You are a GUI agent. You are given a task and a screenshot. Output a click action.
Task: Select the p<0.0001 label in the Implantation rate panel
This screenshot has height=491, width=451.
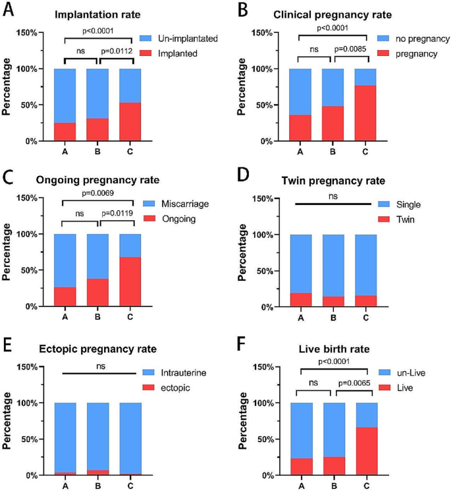[97, 31]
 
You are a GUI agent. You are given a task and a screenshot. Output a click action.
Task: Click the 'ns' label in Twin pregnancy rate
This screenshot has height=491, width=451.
[332, 196]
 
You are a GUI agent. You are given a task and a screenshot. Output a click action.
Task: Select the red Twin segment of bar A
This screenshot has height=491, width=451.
[300, 300]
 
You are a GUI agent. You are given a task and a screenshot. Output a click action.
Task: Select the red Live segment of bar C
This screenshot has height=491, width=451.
[365, 451]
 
